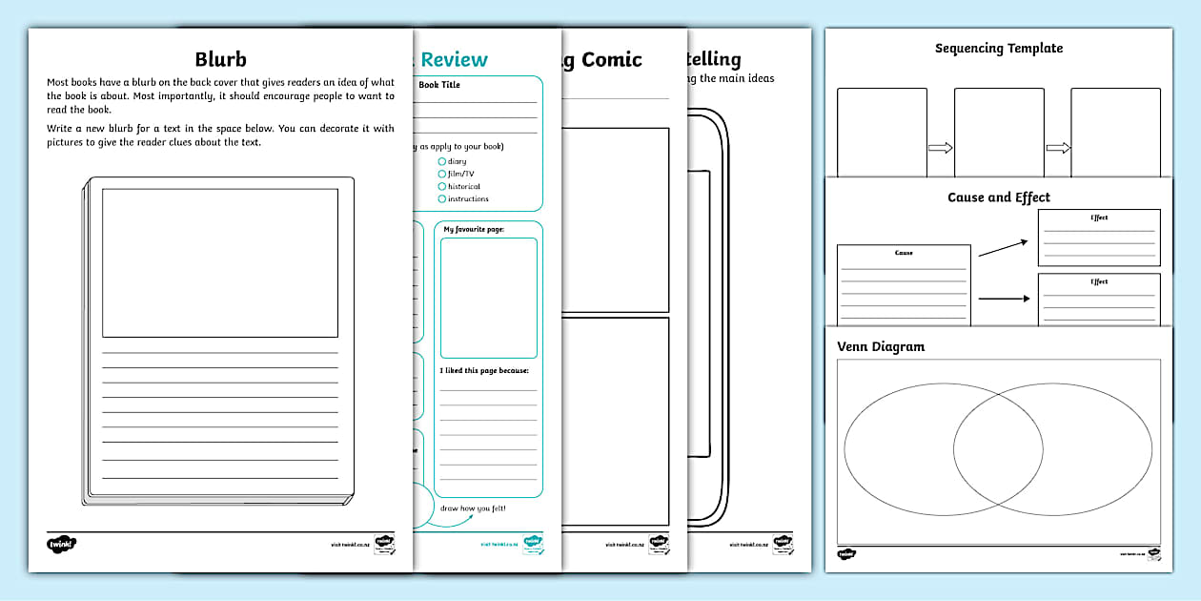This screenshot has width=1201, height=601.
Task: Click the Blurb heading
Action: [220, 59]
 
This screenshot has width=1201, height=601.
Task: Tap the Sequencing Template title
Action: [998, 49]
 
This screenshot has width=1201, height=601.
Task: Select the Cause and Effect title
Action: [998, 197]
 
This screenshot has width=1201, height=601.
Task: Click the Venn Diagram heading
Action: [881, 346]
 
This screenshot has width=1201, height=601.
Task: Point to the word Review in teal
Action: [455, 60]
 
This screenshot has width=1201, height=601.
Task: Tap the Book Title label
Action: [439, 85]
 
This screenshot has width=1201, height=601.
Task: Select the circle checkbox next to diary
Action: [441, 161]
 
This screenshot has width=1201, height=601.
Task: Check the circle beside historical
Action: [441, 186]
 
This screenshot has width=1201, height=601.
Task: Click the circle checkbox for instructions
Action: [441, 198]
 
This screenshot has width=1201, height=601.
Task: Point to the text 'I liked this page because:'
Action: [483, 370]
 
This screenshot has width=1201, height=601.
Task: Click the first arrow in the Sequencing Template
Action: [940, 148]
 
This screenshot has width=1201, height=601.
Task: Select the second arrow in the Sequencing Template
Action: [1057, 148]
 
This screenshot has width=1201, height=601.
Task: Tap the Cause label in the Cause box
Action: [904, 253]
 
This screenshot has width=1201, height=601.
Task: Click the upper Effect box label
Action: [1099, 218]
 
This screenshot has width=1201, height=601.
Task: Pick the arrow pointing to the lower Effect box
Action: [1004, 299]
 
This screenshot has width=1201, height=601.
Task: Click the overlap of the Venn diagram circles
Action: [998, 446]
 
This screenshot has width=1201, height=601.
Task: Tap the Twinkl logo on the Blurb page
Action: [61, 544]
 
